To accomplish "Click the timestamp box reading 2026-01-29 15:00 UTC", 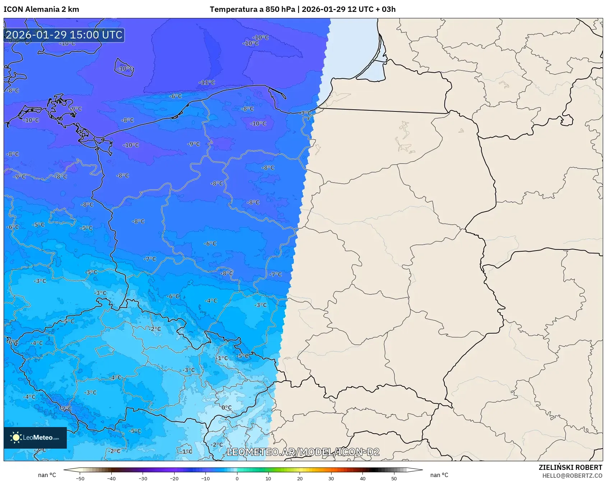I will tap(64, 35).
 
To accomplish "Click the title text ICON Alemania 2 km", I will tap(41, 9).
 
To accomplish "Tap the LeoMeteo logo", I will tap(35, 438).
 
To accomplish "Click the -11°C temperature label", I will tap(207, 82).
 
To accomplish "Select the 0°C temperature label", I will tap(226, 407).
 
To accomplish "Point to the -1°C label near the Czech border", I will tap(222, 358).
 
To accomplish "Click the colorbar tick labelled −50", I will tap(80, 478).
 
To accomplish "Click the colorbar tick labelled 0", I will tap(237, 478).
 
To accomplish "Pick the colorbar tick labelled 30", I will tap(331, 478).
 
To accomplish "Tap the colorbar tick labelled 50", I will tap(394, 478).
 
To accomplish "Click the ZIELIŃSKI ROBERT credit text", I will tap(570, 467).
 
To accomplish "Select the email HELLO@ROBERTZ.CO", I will tap(572, 476).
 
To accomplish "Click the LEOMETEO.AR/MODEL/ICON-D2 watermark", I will tap(303, 452).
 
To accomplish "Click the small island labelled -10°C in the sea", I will tap(125, 68).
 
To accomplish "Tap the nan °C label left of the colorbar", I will tap(47, 475).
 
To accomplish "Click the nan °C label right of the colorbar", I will tap(439, 475).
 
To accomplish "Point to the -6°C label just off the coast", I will tap(176, 96).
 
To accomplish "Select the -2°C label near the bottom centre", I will tap(217, 444).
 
